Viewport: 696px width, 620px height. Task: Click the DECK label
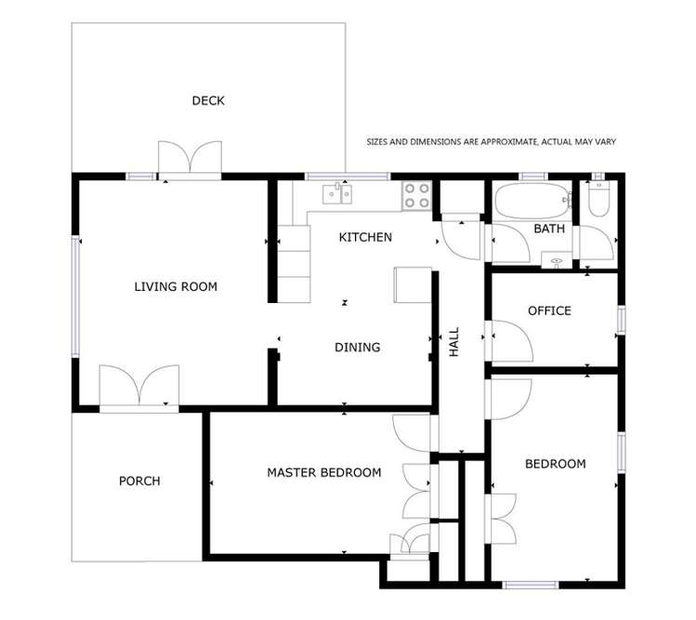click(208, 100)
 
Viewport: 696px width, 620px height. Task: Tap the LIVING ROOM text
click(176, 286)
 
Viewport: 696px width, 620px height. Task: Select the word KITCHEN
click(365, 237)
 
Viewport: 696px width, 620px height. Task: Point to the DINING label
click(358, 347)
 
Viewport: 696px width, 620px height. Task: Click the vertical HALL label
click(454, 342)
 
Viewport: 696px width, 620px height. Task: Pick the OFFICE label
click(549, 310)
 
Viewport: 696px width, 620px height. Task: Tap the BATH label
click(549, 229)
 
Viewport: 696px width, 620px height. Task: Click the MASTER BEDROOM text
click(323, 472)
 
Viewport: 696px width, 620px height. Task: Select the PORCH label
click(139, 481)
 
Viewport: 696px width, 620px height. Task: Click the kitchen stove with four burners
click(416, 194)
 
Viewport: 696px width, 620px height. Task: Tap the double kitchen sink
click(337, 193)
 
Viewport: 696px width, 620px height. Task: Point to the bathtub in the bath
click(529, 200)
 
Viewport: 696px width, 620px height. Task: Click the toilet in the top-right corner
click(598, 198)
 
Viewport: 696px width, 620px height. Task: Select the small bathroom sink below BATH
click(558, 261)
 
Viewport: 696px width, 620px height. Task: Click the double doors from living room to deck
click(190, 158)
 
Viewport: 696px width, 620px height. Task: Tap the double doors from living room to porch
click(138, 386)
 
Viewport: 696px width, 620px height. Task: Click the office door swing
click(507, 341)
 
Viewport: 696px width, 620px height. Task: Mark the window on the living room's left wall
click(76, 297)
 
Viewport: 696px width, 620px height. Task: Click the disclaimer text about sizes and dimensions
click(492, 142)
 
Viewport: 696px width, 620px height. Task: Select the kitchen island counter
click(414, 284)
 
